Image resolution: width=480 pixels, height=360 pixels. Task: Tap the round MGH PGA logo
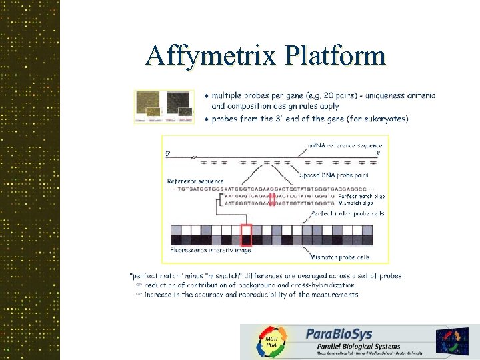[271, 342]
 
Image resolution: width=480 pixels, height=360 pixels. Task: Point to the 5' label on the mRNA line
[168, 154]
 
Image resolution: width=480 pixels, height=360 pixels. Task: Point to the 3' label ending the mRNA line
[378, 154]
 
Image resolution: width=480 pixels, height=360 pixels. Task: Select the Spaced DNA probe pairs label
[333, 175]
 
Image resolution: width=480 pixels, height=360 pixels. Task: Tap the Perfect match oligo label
[361, 196]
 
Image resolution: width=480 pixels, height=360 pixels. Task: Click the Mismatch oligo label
[361, 203]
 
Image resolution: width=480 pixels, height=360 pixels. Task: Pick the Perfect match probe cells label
[347, 213]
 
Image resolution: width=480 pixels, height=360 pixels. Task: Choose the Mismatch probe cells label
[340, 257]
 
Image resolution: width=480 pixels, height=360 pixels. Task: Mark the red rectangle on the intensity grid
[246, 235]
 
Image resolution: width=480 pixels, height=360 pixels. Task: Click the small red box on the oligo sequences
[272, 199]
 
